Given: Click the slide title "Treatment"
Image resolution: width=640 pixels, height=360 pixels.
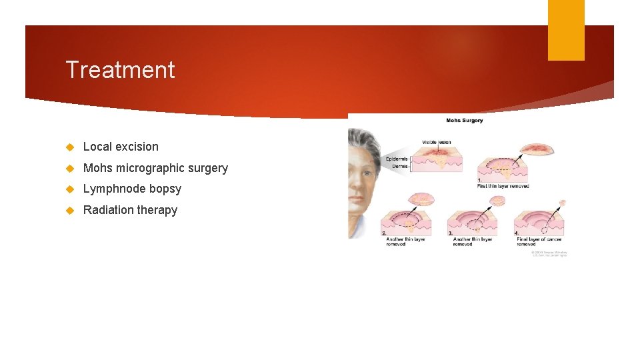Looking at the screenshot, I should pos(120,70).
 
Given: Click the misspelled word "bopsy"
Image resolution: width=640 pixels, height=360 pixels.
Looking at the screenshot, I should pos(166,189).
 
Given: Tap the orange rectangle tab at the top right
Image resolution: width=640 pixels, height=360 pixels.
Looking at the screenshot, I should pos(566,30).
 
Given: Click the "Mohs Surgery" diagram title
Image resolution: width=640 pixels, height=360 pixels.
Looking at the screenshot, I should pos(464,121).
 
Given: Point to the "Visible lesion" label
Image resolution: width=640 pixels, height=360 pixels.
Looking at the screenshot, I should pos(437,142).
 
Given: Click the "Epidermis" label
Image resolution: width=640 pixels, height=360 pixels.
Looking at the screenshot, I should pos(397,159).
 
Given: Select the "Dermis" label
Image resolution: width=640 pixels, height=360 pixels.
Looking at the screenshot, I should pos(400,167).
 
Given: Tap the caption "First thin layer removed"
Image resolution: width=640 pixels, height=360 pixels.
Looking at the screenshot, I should pos(503,186).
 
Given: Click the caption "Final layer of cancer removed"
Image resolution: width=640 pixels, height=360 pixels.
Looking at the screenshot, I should pos(539,241).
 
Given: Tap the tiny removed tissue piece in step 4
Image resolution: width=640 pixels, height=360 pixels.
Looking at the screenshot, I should pos(562,203).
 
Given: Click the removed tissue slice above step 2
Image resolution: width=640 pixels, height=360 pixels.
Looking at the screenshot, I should pos(422,198).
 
